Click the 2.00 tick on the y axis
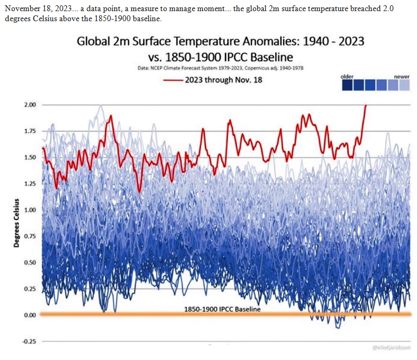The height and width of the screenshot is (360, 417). point(30,105)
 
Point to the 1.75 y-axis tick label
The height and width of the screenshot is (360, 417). point(30,131)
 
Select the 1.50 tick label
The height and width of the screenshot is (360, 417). point(30,157)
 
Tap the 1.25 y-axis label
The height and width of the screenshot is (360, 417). point(30,184)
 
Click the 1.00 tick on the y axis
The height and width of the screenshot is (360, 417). point(30,210)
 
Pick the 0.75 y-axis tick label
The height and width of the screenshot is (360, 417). point(30,236)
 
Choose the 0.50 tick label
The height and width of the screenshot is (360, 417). point(30,263)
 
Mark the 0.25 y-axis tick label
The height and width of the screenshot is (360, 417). point(30,289)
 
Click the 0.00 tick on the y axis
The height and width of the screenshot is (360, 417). point(30,315)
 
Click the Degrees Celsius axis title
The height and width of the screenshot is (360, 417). point(16,223)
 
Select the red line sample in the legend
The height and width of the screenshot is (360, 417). point(173,80)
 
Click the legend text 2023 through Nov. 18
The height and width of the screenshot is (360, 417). point(223,80)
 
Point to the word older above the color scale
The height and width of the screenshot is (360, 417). point(347,77)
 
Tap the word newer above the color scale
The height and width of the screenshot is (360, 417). point(402,77)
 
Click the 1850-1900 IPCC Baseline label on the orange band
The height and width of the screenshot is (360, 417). point(222,309)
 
